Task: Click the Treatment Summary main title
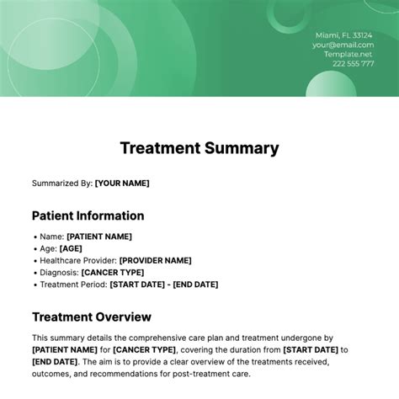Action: tap(199, 148)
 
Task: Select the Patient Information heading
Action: tap(88, 215)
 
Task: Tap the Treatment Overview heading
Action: tap(91, 317)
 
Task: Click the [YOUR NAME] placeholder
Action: tap(122, 183)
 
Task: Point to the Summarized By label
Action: tap(61, 183)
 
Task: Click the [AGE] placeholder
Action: tap(71, 249)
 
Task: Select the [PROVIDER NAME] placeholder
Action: tap(155, 261)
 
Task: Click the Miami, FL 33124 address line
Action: tap(345, 35)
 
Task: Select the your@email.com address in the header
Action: tap(343, 45)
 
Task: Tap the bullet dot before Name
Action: tap(35, 237)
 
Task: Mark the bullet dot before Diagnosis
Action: tap(35, 273)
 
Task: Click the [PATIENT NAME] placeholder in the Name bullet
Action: tap(98, 237)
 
